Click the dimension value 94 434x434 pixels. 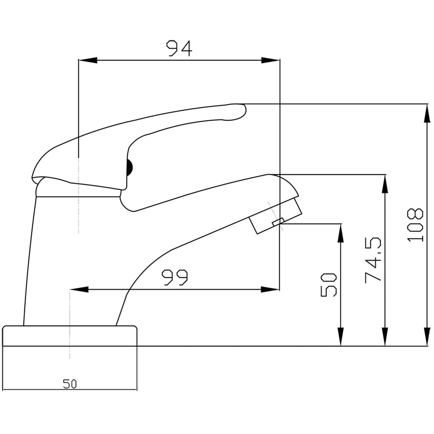pyautogui.click(x=179, y=48)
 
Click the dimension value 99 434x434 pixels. pyautogui.click(x=175, y=278)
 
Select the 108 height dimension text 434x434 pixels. pyautogui.click(x=416, y=225)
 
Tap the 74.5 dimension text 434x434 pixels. pyautogui.click(x=373, y=260)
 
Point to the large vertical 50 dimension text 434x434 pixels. pyautogui.click(x=329, y=284)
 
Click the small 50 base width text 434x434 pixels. pyautogui.click(x=70, y=384)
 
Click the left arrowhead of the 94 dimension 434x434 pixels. pyautogui.click(x=87, y=60)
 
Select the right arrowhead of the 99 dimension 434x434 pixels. pyautogui.click(x=270, y=289)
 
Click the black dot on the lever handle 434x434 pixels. pyautogui.click(x=130, y=168)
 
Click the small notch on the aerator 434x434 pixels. pyautogui.click(x=278, y=221)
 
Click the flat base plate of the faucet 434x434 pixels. pyautogui.click(x=70, y=336)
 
